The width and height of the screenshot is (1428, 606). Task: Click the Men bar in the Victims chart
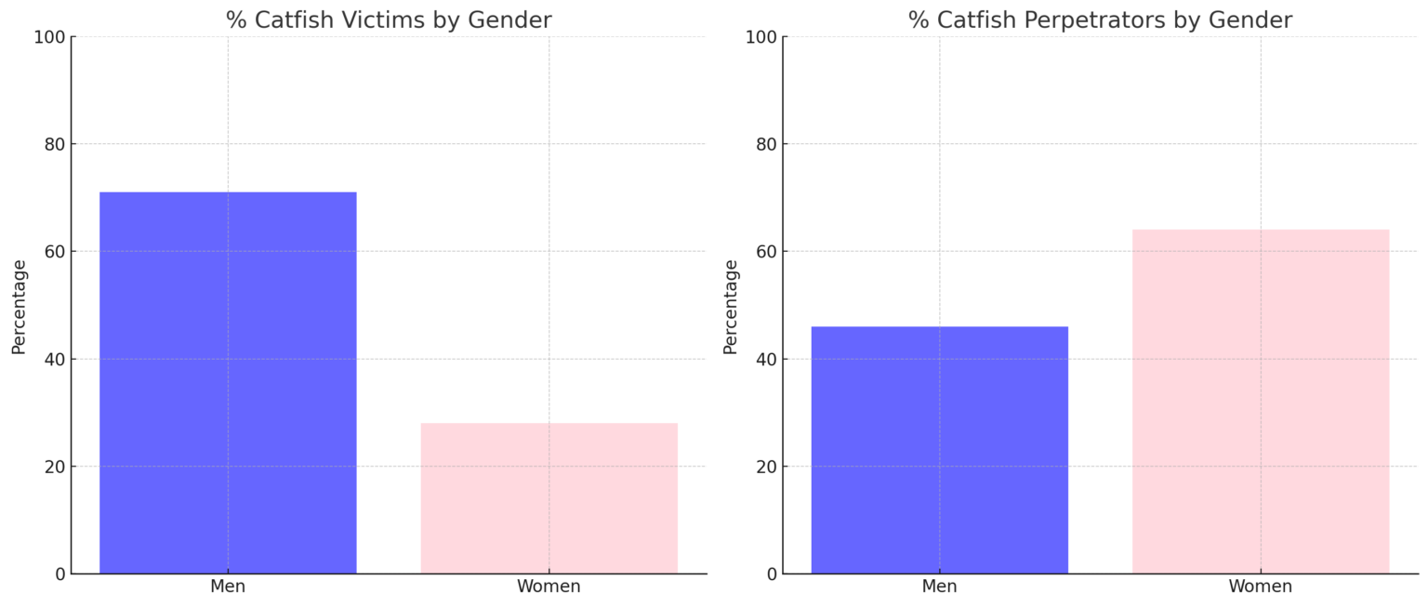pos(228,382)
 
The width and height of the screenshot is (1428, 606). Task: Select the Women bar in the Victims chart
pos(549,498)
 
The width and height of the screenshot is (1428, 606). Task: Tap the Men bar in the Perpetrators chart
pos(939,450)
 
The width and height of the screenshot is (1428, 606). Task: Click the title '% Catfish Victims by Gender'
pos(389,20)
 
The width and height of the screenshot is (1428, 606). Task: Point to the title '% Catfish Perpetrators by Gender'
pos(1100,20)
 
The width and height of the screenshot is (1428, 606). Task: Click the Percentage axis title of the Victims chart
pos(20,306)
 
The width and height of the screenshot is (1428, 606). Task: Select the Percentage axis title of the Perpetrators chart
pos(731,306)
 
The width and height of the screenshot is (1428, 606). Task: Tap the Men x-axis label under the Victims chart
pos(228,586)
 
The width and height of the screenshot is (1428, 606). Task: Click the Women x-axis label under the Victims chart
pos(549,586)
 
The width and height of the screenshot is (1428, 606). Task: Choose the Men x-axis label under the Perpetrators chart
pos(939,586)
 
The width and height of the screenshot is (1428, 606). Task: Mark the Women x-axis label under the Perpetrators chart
pos(1260,586)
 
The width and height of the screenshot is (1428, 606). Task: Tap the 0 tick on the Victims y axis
pos(59,574)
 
